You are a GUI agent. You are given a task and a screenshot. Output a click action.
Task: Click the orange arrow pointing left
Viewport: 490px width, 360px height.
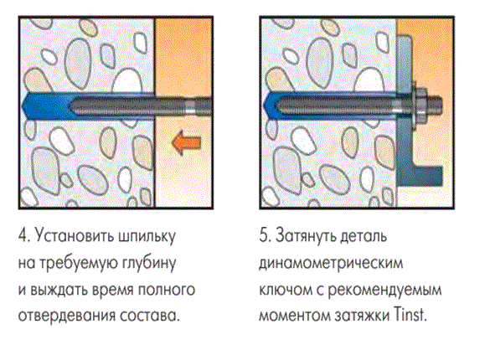click(186, 142)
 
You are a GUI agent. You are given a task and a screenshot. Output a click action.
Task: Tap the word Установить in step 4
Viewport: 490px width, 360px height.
click(75, 235)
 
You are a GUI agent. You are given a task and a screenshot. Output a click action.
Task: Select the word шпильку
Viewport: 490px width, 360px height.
click(147, 236)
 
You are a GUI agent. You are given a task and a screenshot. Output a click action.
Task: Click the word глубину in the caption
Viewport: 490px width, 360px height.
click(149, 263)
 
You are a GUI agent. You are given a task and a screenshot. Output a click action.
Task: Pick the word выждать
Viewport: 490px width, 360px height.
click(59, 290)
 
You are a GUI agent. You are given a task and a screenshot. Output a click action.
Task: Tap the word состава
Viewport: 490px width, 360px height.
click(150, 316)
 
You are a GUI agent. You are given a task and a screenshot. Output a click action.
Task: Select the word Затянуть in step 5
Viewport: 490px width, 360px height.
click(306, 236)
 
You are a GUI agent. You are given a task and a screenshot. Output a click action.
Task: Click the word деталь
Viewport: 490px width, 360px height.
click(364, 236)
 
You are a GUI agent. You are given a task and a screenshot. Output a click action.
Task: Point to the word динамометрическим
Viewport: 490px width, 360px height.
click(331, 263)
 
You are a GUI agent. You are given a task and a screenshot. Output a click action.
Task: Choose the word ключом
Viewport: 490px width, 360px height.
click(286, 290)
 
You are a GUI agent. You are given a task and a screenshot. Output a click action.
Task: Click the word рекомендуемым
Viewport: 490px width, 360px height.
click(384, 290)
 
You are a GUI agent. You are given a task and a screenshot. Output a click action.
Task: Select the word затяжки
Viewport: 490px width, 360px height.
click(362, 316)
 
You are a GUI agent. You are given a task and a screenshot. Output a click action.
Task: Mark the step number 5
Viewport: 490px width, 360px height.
click(265, 235)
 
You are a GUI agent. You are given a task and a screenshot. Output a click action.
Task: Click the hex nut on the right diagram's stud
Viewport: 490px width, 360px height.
click(421, 104)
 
